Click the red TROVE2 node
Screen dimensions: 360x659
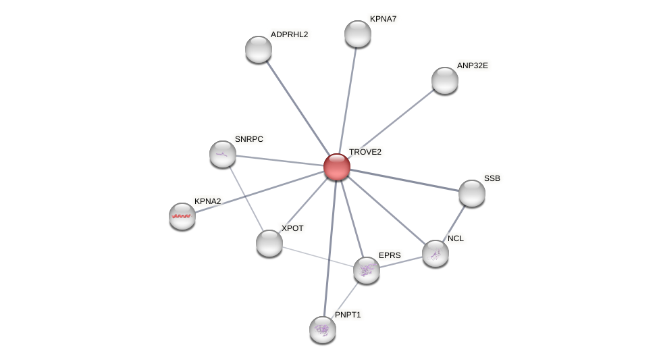click(336, 167)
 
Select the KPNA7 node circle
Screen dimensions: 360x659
click(357, 34)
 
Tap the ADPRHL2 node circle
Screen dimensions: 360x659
click(258, 49)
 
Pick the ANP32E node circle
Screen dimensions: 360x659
click(444, 80)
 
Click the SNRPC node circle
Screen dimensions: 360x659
click(223, 154)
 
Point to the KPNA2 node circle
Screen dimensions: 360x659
click(182, 216)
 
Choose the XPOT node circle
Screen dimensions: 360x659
click(269, 243)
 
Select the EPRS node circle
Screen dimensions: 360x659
click(366, 270)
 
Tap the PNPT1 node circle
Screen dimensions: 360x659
click(323, 330)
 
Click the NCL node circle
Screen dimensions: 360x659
click(435, 253)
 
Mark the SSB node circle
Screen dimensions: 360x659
click(471, 193)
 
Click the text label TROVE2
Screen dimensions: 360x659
click(365, 152)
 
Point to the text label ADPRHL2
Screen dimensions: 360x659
click(289, 34)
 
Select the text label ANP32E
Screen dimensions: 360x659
click(472, 66)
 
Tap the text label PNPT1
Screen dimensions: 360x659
click(348, 315)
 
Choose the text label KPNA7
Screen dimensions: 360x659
click(383, 19)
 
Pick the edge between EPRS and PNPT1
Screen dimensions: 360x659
click(345, 299)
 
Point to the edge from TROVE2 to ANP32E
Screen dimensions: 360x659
click(390, 124)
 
